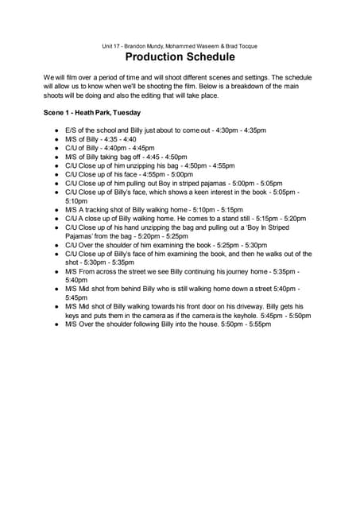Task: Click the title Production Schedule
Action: point(180,57)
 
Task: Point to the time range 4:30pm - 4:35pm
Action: point(242,130)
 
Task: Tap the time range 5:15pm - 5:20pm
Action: point(283,218)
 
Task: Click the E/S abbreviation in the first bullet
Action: point(71,130)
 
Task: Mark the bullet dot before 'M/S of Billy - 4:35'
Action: point(57,138)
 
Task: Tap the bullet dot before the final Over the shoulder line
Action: point(57,324)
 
